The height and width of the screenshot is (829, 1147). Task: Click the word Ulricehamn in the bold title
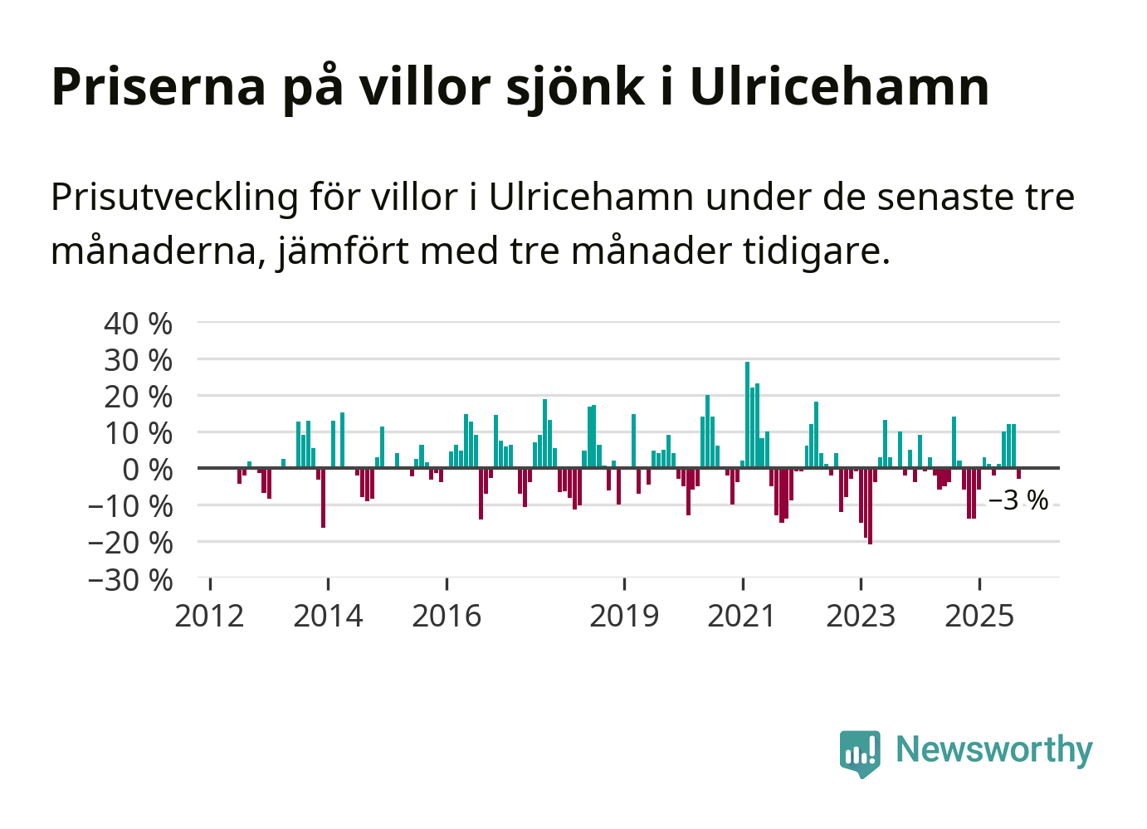(x=839, y=85)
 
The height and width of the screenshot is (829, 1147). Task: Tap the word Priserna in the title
(x=159, y=85)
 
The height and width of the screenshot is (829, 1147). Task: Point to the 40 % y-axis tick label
(x=138, y=323)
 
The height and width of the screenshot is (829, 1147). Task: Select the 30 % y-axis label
(x=138, y=359)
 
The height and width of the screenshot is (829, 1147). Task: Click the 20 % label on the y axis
(x=138, y=396)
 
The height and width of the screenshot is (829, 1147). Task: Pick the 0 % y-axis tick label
(x=147, y=469)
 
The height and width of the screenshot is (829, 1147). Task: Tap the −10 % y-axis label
(x=130, y=505)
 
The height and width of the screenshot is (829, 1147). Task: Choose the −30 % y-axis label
(x=130, y=579)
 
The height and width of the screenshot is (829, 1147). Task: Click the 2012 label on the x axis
(x=209, y=616)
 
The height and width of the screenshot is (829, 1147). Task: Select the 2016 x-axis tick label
(x=447, y=616)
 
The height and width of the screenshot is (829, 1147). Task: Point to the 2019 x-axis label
(x=624, y=616)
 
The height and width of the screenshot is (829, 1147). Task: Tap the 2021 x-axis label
(x=742, y=616)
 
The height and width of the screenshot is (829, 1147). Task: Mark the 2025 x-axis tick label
(x=979, y=616)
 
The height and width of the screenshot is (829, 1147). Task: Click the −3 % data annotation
(x=1018, y=500)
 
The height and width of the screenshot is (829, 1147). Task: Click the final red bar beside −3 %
(x=1018, y=474)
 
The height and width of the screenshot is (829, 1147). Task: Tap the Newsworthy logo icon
(x=859, y=753)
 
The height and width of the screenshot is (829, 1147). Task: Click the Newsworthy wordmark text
(x=994, y=749)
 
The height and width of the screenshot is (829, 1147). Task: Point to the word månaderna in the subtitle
(x=158, y=250)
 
